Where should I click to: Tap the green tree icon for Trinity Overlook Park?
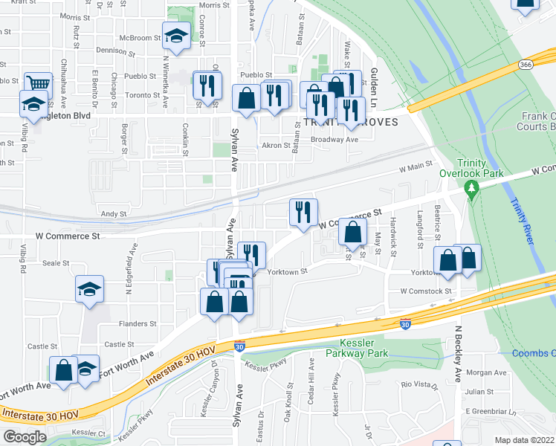click(x=471, y=189)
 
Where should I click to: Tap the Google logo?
click(x=24, y=437)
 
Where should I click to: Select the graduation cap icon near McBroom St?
click(x=176, y=36)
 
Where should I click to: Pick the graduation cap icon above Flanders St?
click(x=89, y=288)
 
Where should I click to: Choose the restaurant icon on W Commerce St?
click(x=303, y=212)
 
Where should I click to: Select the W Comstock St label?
click(x=426, y=291)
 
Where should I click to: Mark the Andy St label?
click(x=114, y=214)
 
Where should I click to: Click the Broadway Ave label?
click(x=334, y=139)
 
